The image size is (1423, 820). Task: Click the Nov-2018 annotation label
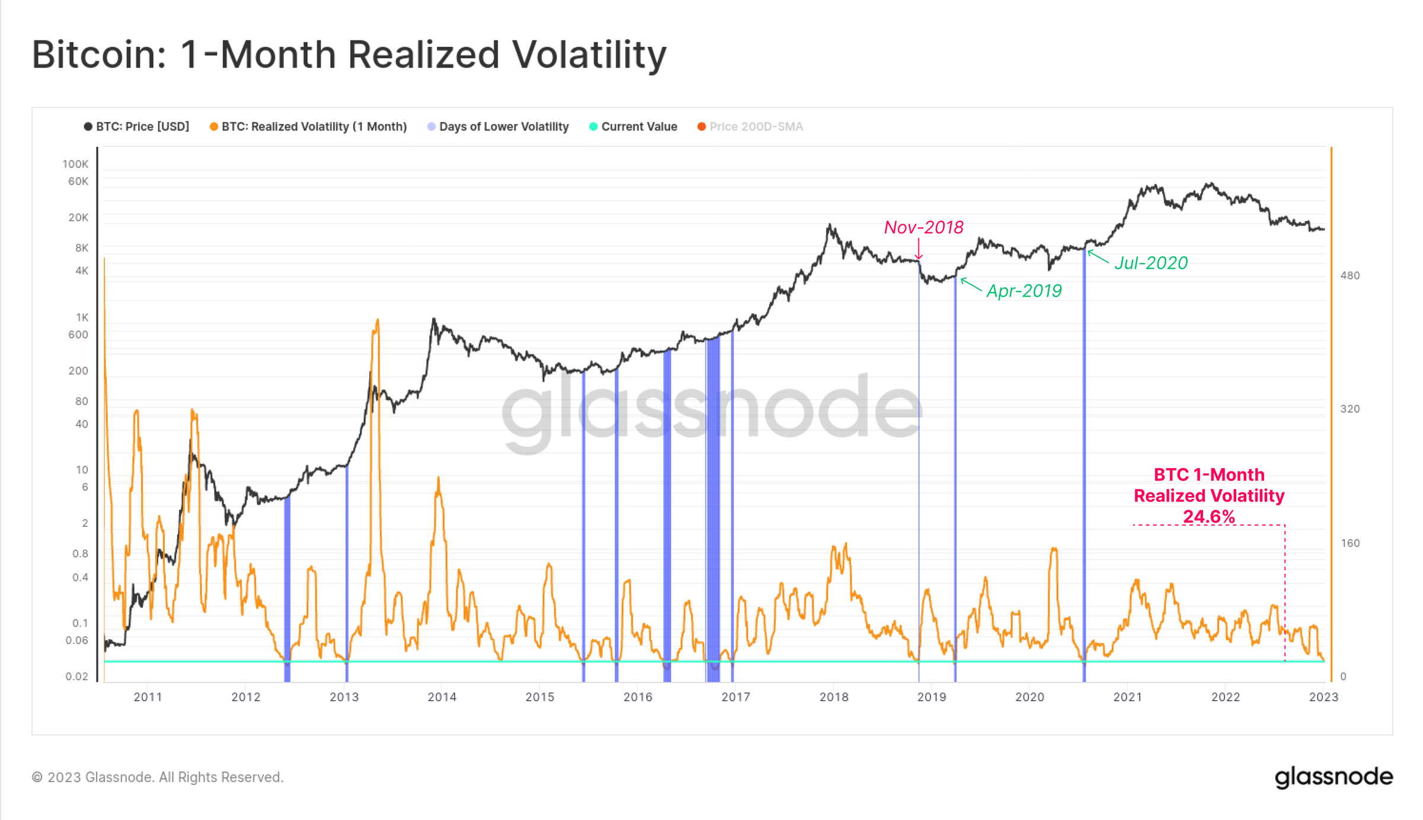click(x=923, y=227)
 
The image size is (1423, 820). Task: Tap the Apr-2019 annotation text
click(x=1024, y=291)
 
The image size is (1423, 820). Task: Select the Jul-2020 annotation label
click(x=1151, y=263)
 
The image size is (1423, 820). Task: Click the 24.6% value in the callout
click(x=1209, y=516)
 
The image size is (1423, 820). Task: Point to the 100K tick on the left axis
click(x=75, y=164)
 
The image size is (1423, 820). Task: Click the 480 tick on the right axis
click(x=1350, y=275)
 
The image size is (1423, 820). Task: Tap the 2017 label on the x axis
click(x=736, y=697)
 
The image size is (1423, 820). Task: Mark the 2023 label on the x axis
click(x=1323, y=697)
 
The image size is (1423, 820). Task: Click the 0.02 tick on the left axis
click(x=77, y=676)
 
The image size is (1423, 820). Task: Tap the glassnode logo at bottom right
click(x=1333, y=777)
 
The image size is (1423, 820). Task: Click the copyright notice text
click(x=158, y=777)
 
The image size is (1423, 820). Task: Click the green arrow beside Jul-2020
click(x=1097, y=256)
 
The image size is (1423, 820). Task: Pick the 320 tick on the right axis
click(x=1350, y=409)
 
